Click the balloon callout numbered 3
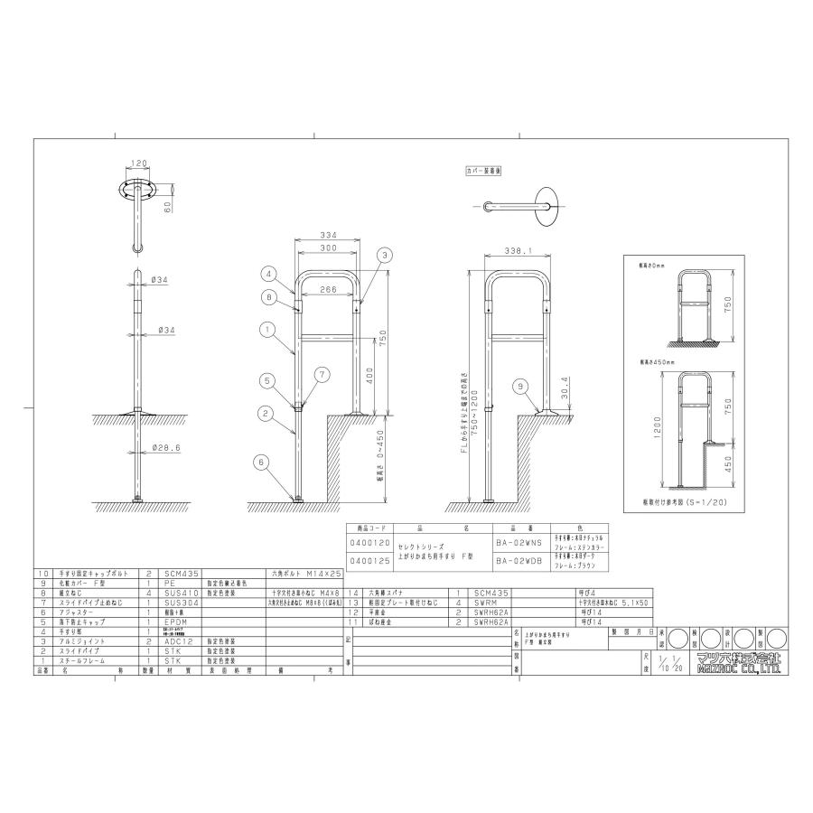coord(386,256)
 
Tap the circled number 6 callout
coord(262,462)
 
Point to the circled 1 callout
coord(268,331)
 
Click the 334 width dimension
coord(328,236)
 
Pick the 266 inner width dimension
coord(328,291)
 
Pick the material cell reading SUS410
coord(180,593)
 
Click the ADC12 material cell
coord(179,640)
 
